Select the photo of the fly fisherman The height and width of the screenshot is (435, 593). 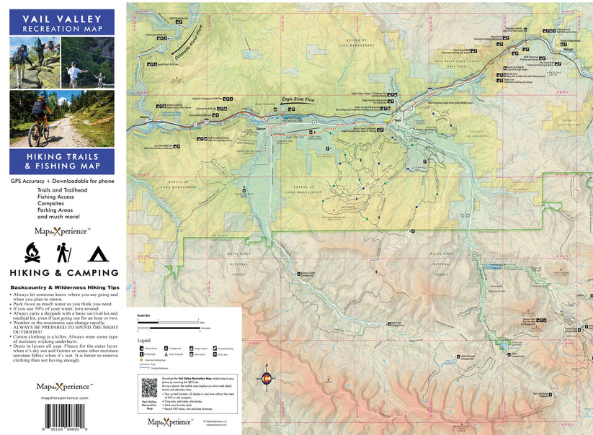(87, 62)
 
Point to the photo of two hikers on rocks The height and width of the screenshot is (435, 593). (34, 62)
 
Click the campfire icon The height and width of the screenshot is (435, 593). (32, 252)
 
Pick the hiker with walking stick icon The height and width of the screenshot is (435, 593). (63, 252)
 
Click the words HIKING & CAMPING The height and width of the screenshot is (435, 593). (63, 273)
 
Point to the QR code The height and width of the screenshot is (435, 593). (149, 387)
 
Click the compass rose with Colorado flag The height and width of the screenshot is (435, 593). (266, 380)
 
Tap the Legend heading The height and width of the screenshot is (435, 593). (144, 340)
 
